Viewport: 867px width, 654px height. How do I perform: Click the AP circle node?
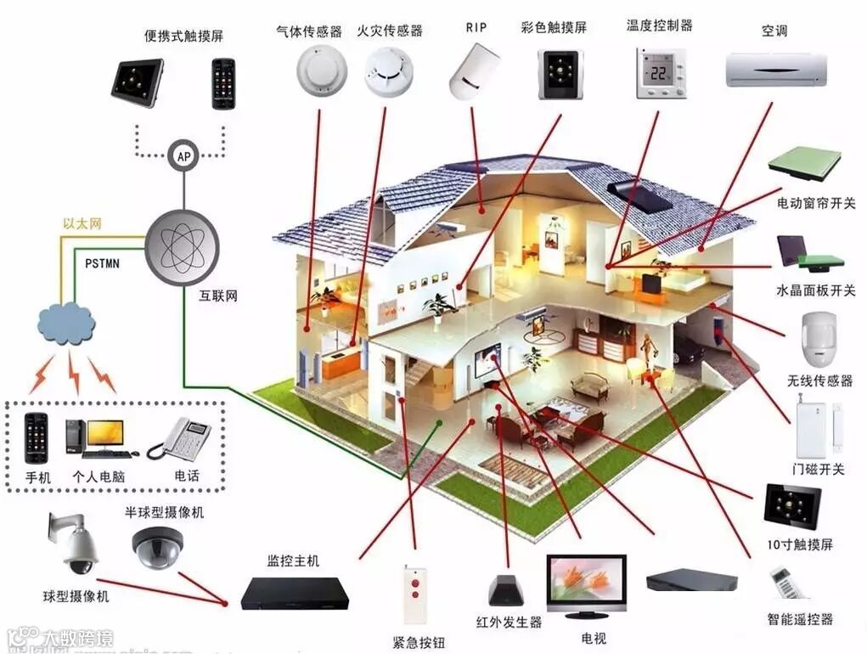click(183, 155)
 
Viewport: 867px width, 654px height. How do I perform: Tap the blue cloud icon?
click(66, 324)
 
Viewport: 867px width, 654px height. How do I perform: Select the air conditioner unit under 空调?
click(776, 69)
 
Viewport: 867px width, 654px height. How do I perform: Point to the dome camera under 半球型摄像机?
click(157, 546)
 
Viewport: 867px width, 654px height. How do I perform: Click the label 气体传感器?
click(309, 31)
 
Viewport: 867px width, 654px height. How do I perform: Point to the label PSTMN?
click(102, 263)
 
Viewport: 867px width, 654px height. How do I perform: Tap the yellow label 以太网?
click(82, 224)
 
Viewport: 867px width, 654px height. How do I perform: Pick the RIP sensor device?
click(474, 70)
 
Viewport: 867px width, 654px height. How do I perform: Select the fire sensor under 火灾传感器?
click(389, 71)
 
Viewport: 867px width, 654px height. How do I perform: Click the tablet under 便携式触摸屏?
click(137, 82)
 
